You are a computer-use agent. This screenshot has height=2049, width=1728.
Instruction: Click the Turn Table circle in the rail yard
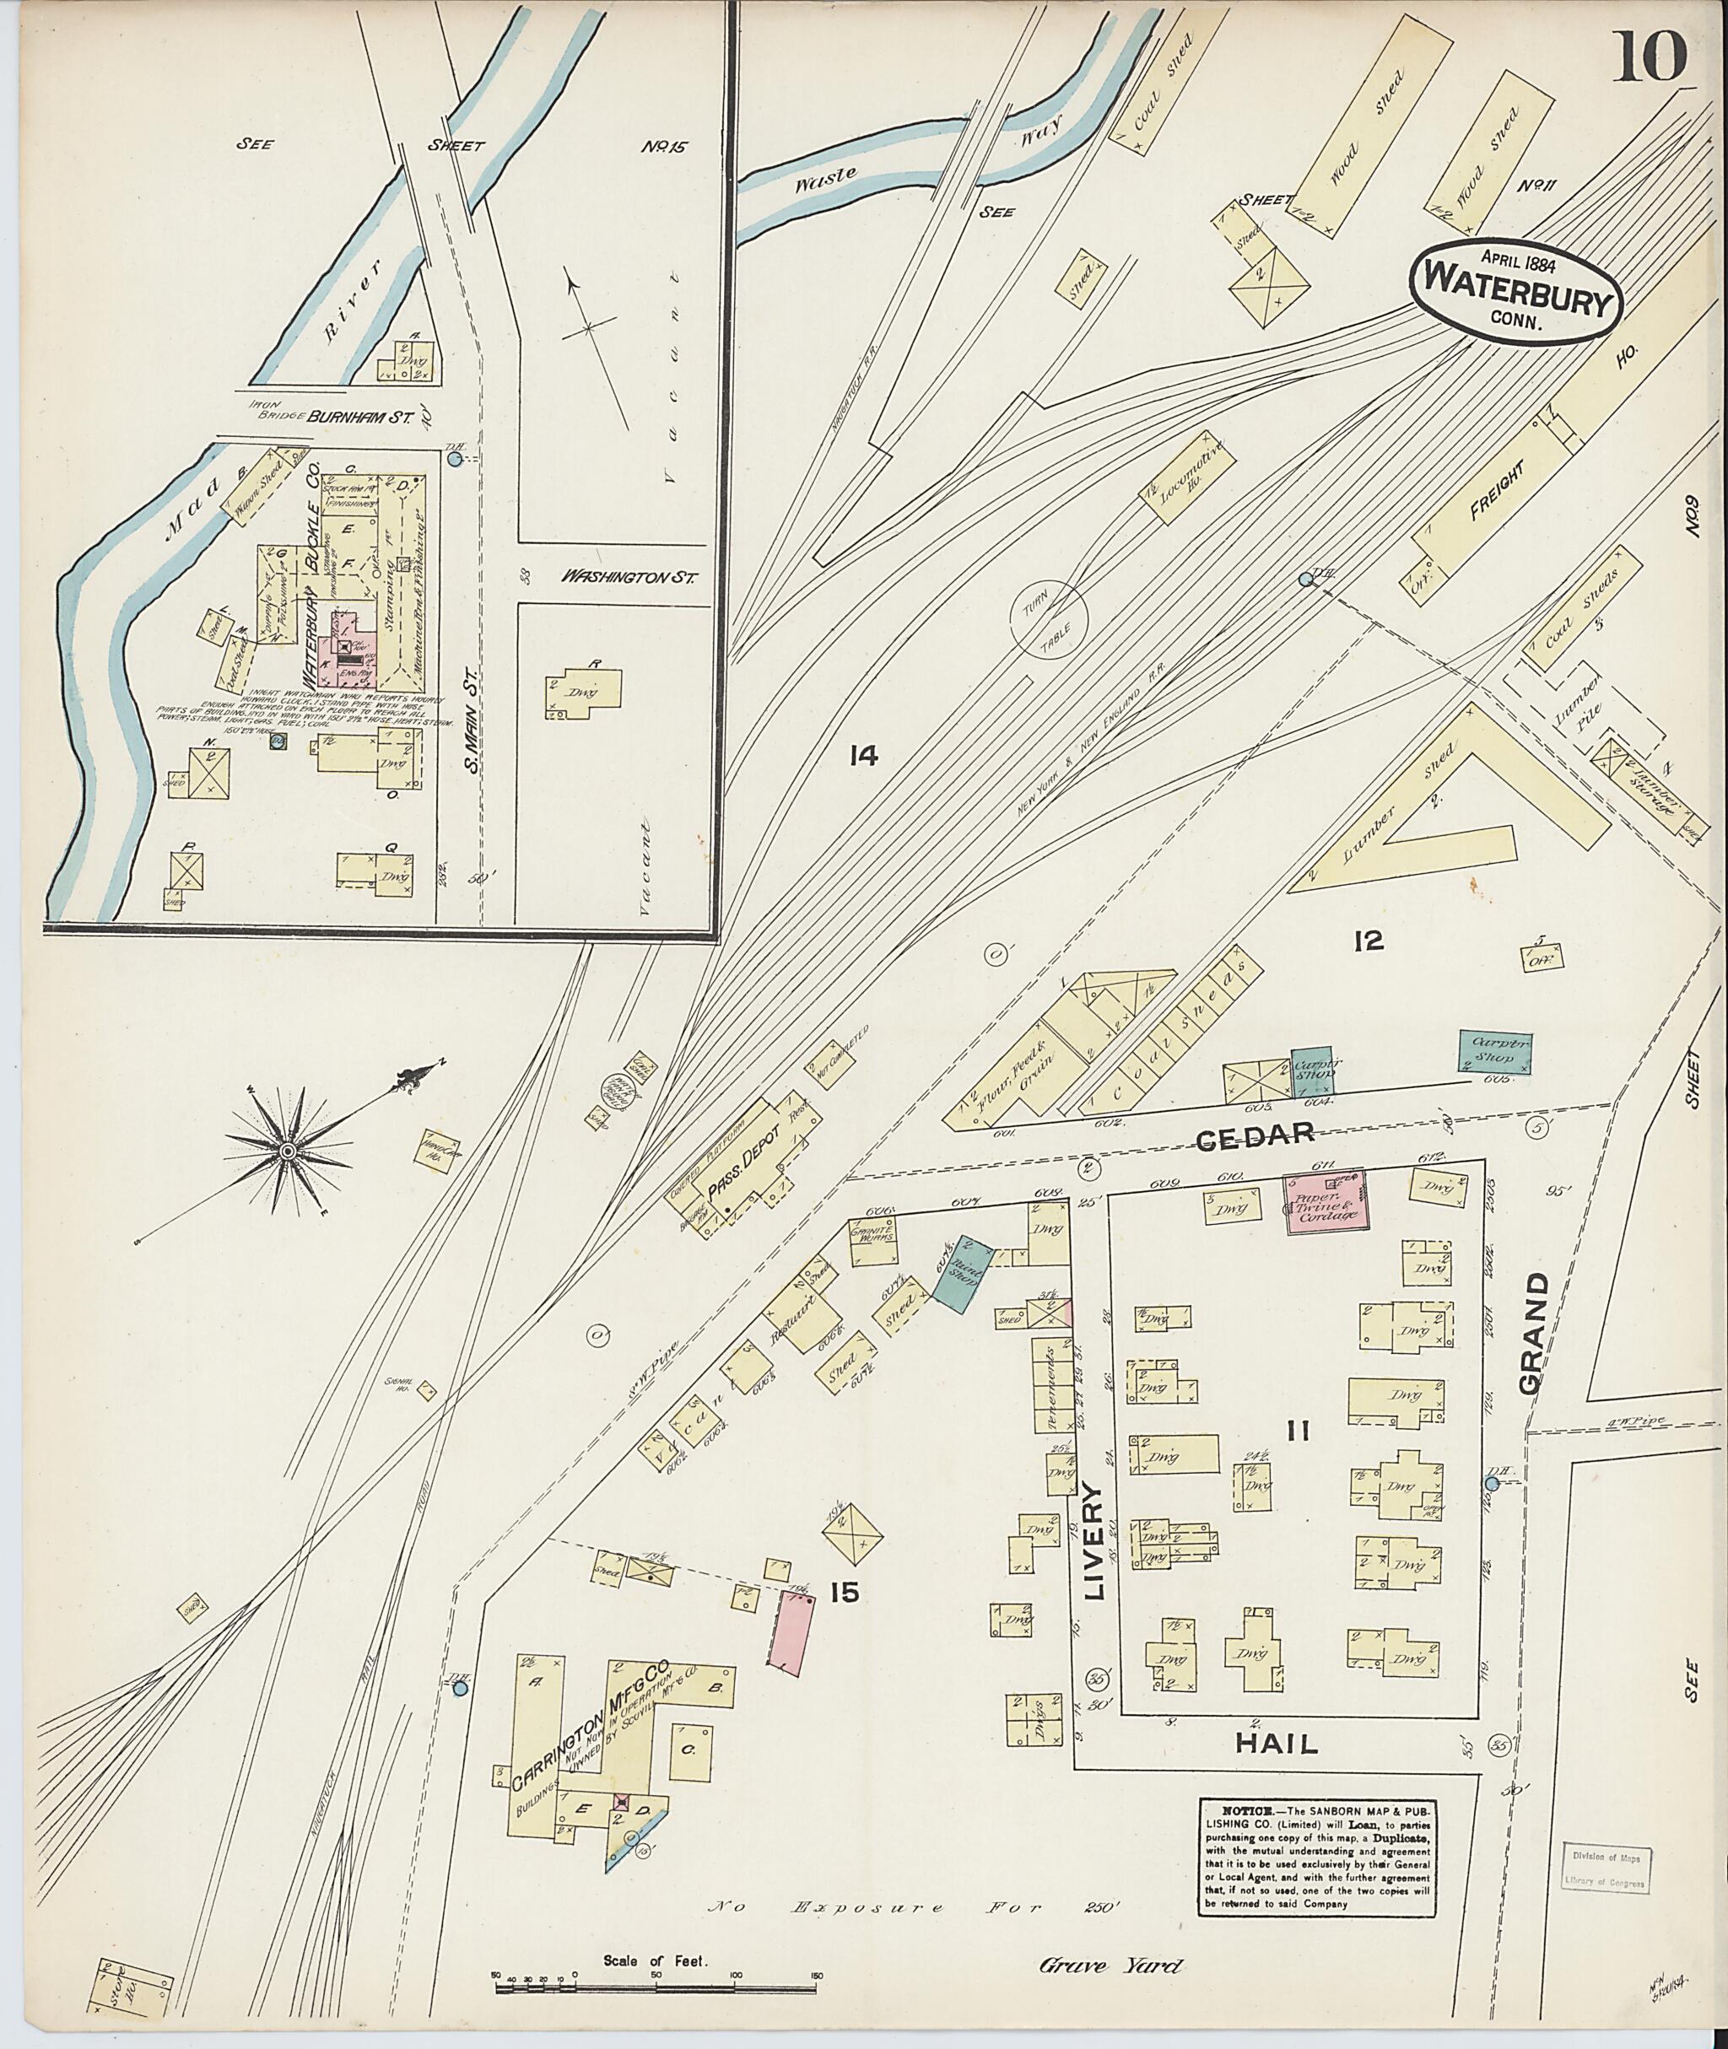1049,620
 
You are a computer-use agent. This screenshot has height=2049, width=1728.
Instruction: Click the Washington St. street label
628,578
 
